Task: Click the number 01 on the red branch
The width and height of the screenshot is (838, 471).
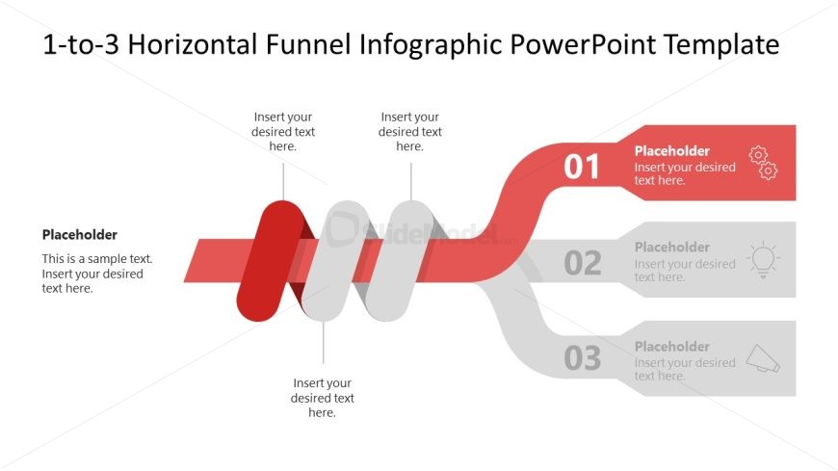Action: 582,167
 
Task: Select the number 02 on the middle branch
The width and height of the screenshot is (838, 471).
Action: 582,262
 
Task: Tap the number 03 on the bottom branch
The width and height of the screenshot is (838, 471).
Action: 582,358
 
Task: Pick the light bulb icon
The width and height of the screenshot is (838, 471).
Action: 763,260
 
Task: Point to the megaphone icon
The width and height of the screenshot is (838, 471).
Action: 764,358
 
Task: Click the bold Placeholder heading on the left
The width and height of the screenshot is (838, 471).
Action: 80,235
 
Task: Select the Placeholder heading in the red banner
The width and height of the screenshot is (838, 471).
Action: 671,151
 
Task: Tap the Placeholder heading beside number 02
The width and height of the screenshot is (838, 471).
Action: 671,248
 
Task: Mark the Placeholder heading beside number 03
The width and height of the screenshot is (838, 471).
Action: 671,347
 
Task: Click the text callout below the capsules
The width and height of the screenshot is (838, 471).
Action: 323,398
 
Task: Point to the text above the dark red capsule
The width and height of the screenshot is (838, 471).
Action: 283,132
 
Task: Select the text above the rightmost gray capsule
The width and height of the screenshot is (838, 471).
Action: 410,132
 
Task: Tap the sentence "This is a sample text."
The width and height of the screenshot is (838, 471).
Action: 97,259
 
